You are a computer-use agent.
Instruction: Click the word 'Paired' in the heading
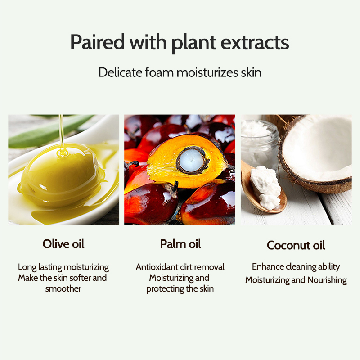[x=97, y=43]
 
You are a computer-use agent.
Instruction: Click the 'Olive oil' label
[x=63, y=244]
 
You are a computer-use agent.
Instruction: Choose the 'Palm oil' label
[x=180, y=244]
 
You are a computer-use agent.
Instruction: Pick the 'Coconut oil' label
[x=296, y=245]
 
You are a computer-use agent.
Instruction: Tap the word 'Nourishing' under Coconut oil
[x=327, y=280]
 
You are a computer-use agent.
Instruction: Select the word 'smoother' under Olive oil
[x=63, y=288]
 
